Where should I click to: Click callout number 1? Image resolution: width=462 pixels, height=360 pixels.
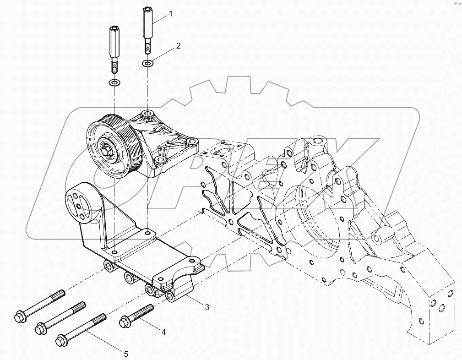pyautogui.click(x=171, y=14)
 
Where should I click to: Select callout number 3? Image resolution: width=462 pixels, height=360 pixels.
pyautogui.click(x=207, y=307)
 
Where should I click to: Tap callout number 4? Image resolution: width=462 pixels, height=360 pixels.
pyautogui.click(x=163, y=332)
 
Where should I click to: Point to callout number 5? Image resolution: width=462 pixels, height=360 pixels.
pyautogui.click(x=125, y=353)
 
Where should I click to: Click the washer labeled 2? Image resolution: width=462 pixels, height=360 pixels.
pyautogui.click(x=147, y=63)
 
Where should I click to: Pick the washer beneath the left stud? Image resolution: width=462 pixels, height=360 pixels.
pyautogui.click(x=114, y=83)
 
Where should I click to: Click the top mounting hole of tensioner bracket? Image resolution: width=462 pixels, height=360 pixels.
pyautogui.click(x=147, y=113)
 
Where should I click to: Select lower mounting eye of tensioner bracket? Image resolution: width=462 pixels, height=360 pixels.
pyautogui.click(x=159, y=160)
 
